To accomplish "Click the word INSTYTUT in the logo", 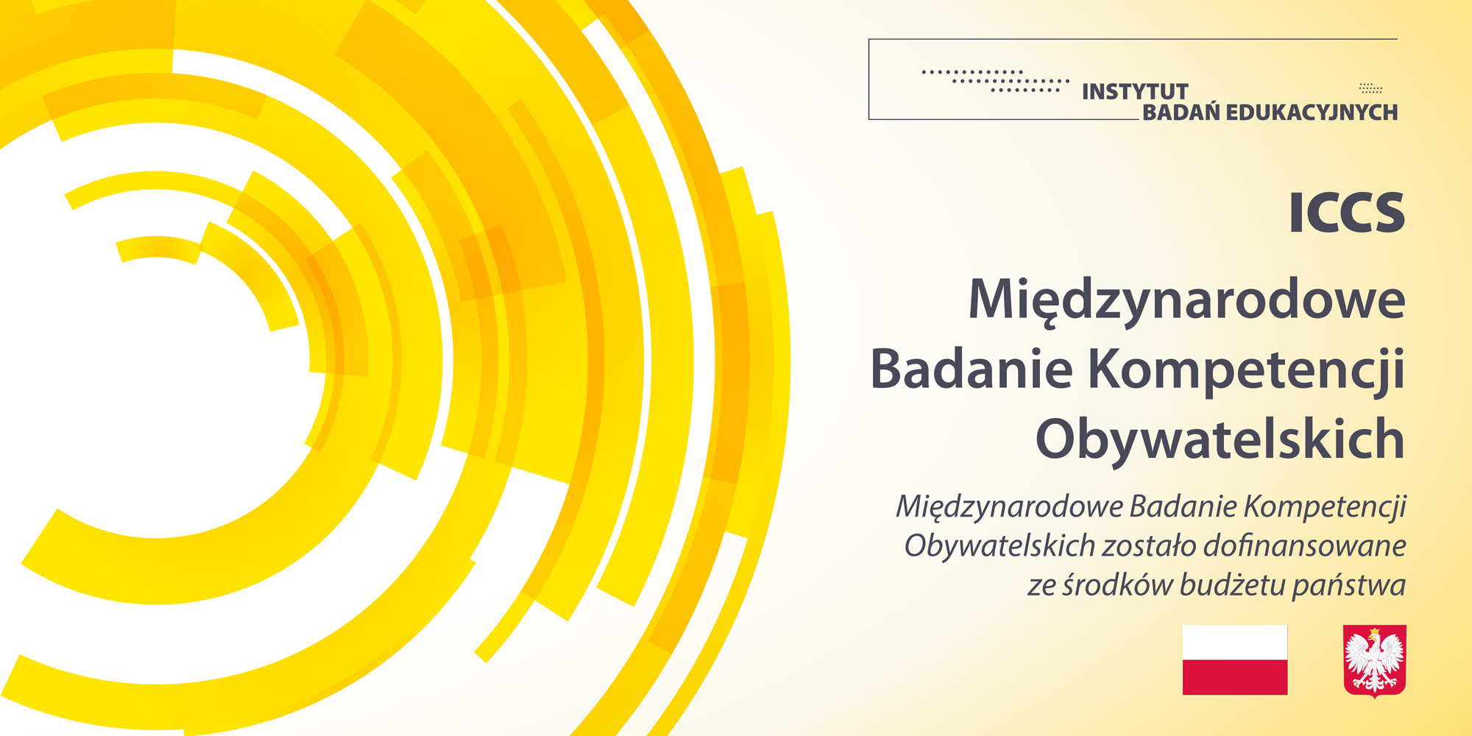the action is tap(1135, 91).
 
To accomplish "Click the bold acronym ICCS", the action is tap(1347, 213).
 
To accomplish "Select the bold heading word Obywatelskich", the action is tap(1220, 439).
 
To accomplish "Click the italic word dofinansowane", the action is tap(1305, 546).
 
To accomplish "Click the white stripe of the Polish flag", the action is tap(1235, 643).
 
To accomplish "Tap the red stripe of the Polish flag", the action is tap(1235, 677).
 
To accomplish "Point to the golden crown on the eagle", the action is tap(1373, 631).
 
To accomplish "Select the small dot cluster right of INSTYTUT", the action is tap(1370, 88).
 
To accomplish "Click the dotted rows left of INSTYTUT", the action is tap(996, 81).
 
